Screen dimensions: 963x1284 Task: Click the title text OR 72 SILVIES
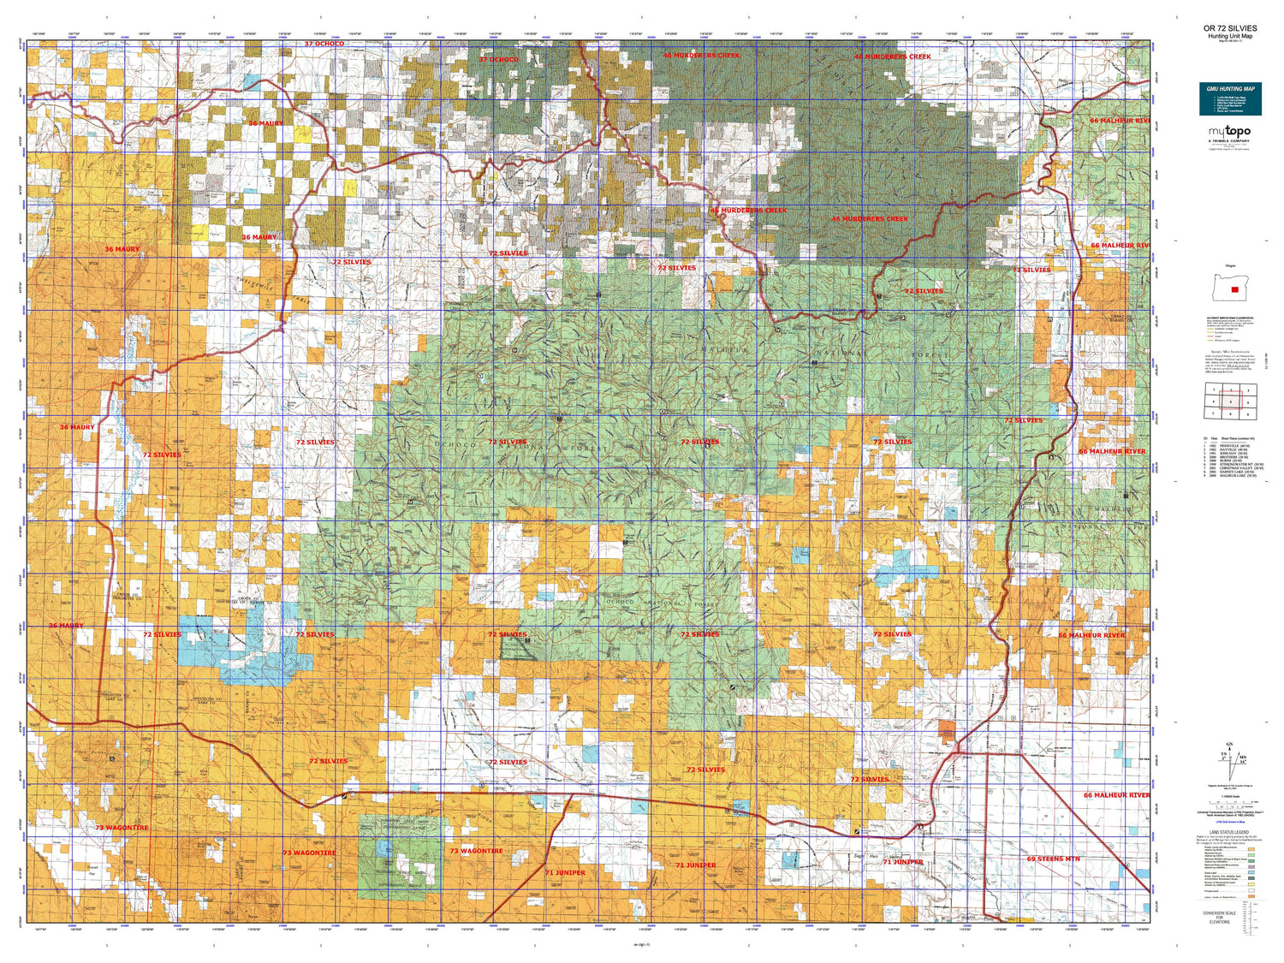[1229, 28]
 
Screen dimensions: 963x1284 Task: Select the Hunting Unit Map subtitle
[1229, 36]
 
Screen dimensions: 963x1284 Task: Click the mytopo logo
[1229, 131]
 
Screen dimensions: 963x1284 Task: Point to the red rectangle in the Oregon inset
[1234, 289]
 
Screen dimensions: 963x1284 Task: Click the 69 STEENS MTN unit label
[1053, 859]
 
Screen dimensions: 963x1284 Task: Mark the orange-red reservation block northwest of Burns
[946, 728]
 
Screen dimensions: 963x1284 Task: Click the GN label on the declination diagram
[1230, 744]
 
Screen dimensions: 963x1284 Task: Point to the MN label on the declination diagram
[1242, 757]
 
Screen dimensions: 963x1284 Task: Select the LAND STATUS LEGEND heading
[1229, 832]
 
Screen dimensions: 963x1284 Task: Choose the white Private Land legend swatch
[1251, 890]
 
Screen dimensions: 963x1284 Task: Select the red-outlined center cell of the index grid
[1230, 401]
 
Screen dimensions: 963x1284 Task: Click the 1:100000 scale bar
[1229, 804]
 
